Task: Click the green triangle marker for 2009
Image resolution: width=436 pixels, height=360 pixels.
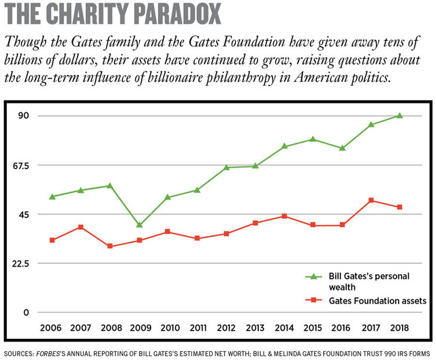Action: point(140,224)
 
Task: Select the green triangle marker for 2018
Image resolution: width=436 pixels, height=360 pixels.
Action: point(400,115)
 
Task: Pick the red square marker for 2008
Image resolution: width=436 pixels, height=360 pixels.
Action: point(110,246)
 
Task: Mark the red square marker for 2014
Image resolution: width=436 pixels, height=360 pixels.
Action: point(284,216)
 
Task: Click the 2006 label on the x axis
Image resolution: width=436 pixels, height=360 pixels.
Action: point(52,327)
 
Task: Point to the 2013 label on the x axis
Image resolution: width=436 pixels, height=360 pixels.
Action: point(255,327)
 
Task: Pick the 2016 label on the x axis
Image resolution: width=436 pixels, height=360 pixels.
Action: point(342,327)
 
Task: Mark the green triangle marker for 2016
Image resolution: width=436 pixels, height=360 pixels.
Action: point(342,148)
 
